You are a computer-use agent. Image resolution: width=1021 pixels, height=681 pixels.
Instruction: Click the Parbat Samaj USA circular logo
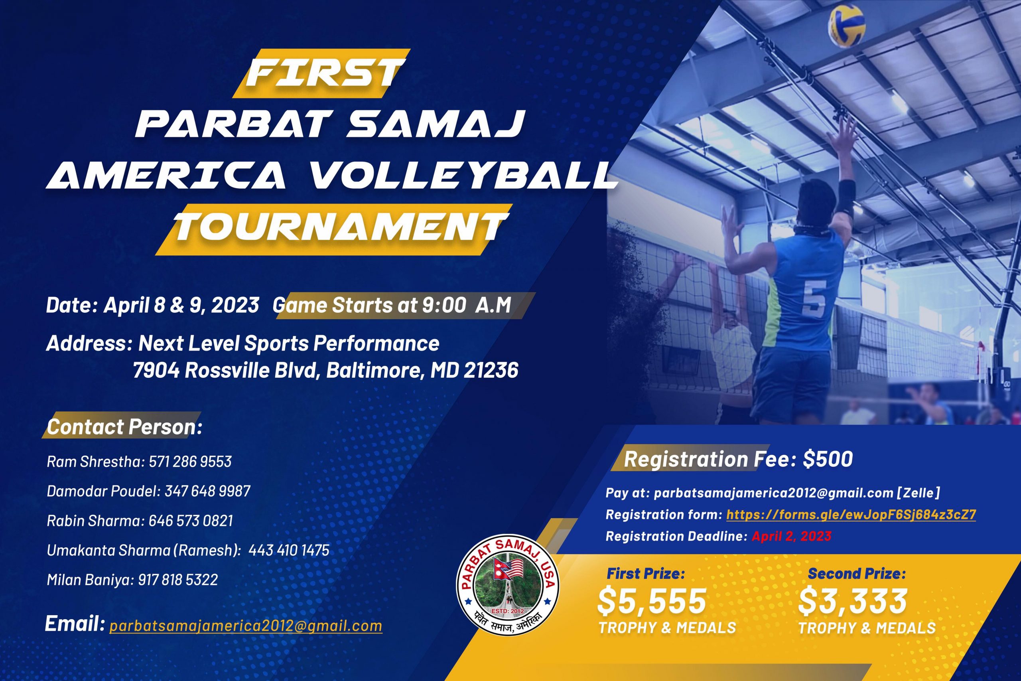pyautogui.click(x=507, y=588)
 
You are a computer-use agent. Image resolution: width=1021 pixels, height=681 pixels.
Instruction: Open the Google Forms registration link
pyautogui.click(x=851, y=515)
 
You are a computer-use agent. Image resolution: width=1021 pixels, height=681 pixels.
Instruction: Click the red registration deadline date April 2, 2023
pyautogui.click(x=791, y=536)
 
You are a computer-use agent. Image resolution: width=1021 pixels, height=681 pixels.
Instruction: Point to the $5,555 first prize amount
pyautogui.click(x=652, y=602)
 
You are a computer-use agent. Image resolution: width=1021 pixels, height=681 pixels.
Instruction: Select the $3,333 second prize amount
pyautogui.click(x=853, y=602)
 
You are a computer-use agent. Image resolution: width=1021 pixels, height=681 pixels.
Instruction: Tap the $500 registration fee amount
pyautogui.click(x=828, y=460)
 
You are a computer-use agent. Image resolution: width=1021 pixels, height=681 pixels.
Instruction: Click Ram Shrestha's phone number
pyautogui.click(x=190, y=461)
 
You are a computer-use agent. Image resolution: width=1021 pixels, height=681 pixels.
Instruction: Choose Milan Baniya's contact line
pyautogui.click(x=132, y=580)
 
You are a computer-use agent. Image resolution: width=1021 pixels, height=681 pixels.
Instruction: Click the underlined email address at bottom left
pyautogui.click(x=246, y=626)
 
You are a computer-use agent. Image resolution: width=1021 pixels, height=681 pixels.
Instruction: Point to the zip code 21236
pyautogui.click(x=491, y=371)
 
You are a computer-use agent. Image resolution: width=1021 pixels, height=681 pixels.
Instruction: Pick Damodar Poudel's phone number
pyautogui.click(x=207, y=491)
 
